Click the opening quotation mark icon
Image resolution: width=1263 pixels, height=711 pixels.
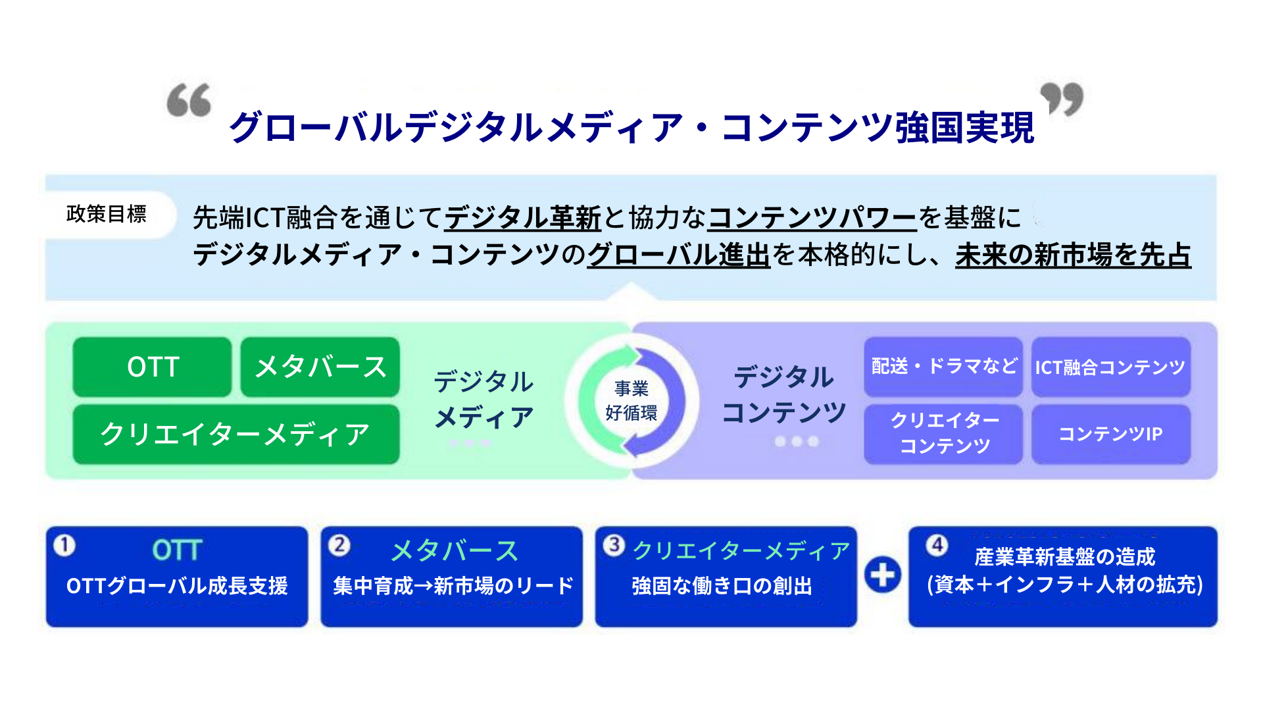(x=189, y=100)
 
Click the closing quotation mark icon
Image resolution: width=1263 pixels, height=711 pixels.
(x=1062, y=99)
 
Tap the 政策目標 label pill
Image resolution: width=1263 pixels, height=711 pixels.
(x=107, y=214)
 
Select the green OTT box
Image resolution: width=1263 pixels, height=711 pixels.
(x=153, y=367)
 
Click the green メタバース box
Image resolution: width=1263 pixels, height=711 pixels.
(x=320, y=367)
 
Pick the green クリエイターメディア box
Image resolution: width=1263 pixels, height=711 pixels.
(x=236, y=434)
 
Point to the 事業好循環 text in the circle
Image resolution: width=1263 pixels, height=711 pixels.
(x=631, y=400)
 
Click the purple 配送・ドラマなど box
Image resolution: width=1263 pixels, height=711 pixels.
(x=943, y=367)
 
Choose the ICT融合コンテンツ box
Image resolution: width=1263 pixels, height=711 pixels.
(x=1111, y=367)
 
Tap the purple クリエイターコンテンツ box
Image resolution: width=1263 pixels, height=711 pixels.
(x=943, y=434)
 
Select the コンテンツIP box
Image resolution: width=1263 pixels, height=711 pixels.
(x=1111, y=434)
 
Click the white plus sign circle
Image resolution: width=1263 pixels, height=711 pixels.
(x=883, y=575)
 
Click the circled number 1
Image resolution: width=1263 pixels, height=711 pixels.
(x=64, y=545)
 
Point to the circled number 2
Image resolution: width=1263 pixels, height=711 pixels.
(x=339, y=545)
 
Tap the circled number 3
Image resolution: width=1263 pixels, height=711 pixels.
(x=614, y=545)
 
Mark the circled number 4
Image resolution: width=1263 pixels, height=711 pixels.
(x=937, y=545)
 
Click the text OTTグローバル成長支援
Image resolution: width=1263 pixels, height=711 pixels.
(x=177, y=586)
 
